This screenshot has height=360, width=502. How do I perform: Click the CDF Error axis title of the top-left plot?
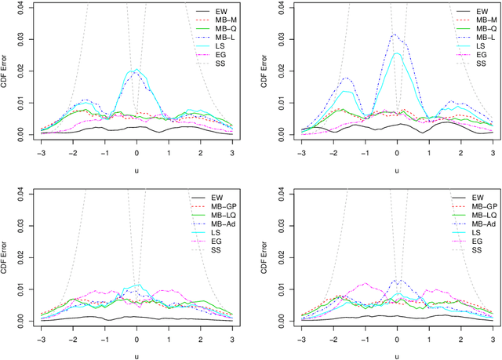[7, 71]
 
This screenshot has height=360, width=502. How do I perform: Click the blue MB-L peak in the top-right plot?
[394, 34]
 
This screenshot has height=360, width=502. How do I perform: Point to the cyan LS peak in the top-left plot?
[137, 70]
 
